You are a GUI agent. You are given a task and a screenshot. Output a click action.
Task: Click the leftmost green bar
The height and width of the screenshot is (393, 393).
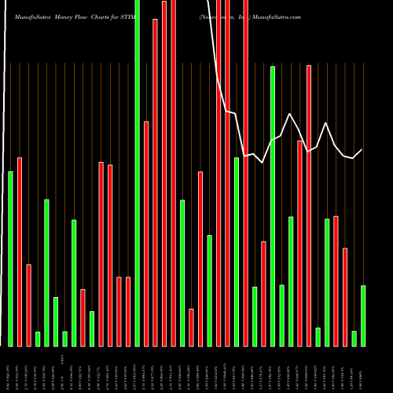(x=10, y=259)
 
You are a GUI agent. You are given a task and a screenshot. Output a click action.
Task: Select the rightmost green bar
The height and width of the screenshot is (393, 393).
(x=363, y=315)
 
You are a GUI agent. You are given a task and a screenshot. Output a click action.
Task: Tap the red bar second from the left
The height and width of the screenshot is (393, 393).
(x=20, y=252)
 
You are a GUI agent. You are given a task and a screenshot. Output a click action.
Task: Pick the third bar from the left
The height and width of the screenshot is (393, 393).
(x=28, y=305)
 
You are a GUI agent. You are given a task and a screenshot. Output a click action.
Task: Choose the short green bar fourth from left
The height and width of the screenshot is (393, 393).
(x=38, y=339)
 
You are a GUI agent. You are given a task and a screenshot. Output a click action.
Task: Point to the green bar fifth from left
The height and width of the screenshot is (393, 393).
(x=46, y=273)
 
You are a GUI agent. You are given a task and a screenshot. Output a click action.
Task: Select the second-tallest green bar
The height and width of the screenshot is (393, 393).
(x=273, y=206)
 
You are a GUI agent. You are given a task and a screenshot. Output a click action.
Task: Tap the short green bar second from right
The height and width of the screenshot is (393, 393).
(x=354, y=338)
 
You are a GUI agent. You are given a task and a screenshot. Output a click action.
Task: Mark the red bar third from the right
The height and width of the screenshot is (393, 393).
(x=336, y=281)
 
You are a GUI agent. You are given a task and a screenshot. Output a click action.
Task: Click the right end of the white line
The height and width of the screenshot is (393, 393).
(x=362, y=149)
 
